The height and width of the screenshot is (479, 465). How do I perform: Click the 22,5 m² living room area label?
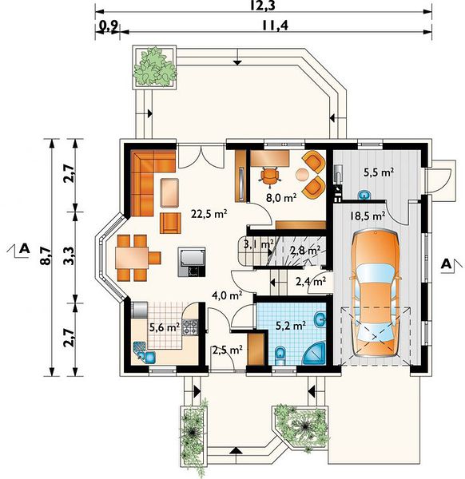[209, 214]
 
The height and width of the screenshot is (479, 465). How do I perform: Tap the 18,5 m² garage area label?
[368, 216]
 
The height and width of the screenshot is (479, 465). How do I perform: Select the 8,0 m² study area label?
[281, 198]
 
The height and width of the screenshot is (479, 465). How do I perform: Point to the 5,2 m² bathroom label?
[291, 326]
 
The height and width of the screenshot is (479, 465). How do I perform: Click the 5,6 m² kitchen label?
[164, 328]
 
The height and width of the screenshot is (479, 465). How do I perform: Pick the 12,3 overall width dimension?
[263, 6]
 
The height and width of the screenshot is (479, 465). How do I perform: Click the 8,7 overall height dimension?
[46, 255]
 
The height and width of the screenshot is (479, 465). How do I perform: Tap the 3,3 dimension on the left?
[69, 255]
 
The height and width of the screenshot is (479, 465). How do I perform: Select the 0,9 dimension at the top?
[109, 27]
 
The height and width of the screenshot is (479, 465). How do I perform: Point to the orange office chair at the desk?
[270, 176]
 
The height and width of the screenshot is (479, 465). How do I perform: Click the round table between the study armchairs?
[303, 174]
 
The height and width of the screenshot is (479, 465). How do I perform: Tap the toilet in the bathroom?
[280, 355]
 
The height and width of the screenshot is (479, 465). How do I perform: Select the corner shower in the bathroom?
[316, 355]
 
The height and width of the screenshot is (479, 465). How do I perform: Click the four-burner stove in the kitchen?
[190, 327]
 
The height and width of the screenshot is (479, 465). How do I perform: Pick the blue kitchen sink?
[145, 353]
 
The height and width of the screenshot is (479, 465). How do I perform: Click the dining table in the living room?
[132, 258]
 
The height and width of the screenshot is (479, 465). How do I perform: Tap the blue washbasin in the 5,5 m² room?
[364, 195]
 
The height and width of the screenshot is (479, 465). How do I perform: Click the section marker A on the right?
[447, 263]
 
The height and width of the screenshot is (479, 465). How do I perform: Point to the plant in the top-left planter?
[155, 66]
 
